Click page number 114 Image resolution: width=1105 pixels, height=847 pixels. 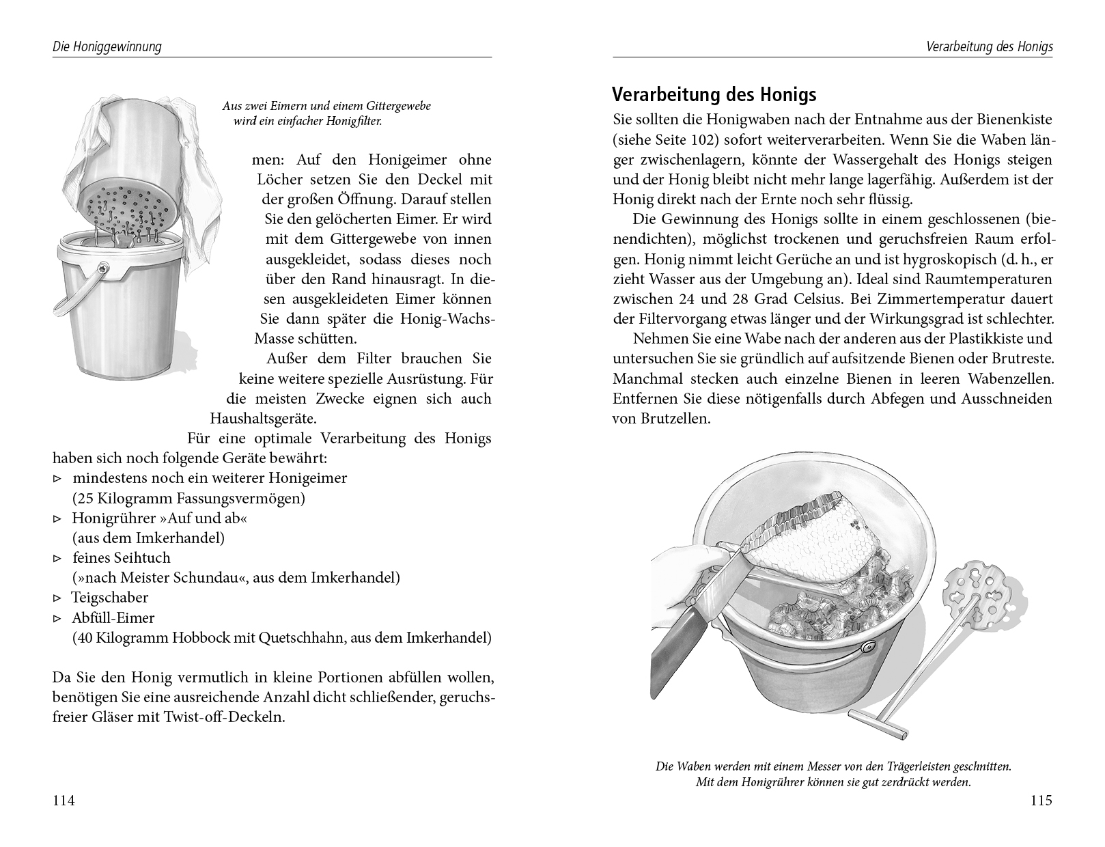tap(64, 801)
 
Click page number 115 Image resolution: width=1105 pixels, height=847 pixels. tap(1041, 801)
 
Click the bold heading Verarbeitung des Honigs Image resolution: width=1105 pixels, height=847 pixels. tap(714, 94)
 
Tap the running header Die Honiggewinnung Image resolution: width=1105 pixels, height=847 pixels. tap(107, 47)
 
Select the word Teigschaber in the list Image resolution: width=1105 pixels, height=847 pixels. tap(110, 598)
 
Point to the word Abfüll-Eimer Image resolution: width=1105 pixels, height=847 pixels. tap(113, 618)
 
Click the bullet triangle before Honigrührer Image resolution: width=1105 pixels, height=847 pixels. tap(57, 519)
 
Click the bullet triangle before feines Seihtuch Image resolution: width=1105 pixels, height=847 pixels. tap(57, 559)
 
